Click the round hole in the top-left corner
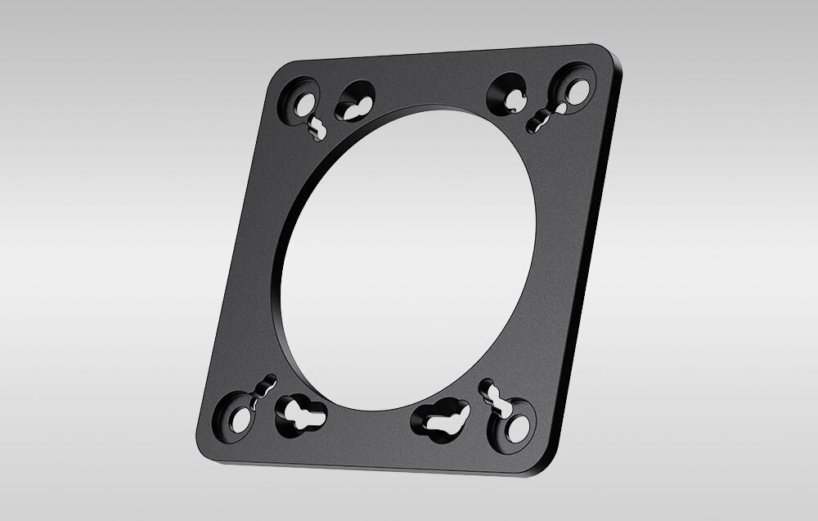(304, 104)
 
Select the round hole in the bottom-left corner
(240, 419)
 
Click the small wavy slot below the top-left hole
(317, 128)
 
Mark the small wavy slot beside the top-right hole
(542, 119)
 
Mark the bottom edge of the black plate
(368, 462)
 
